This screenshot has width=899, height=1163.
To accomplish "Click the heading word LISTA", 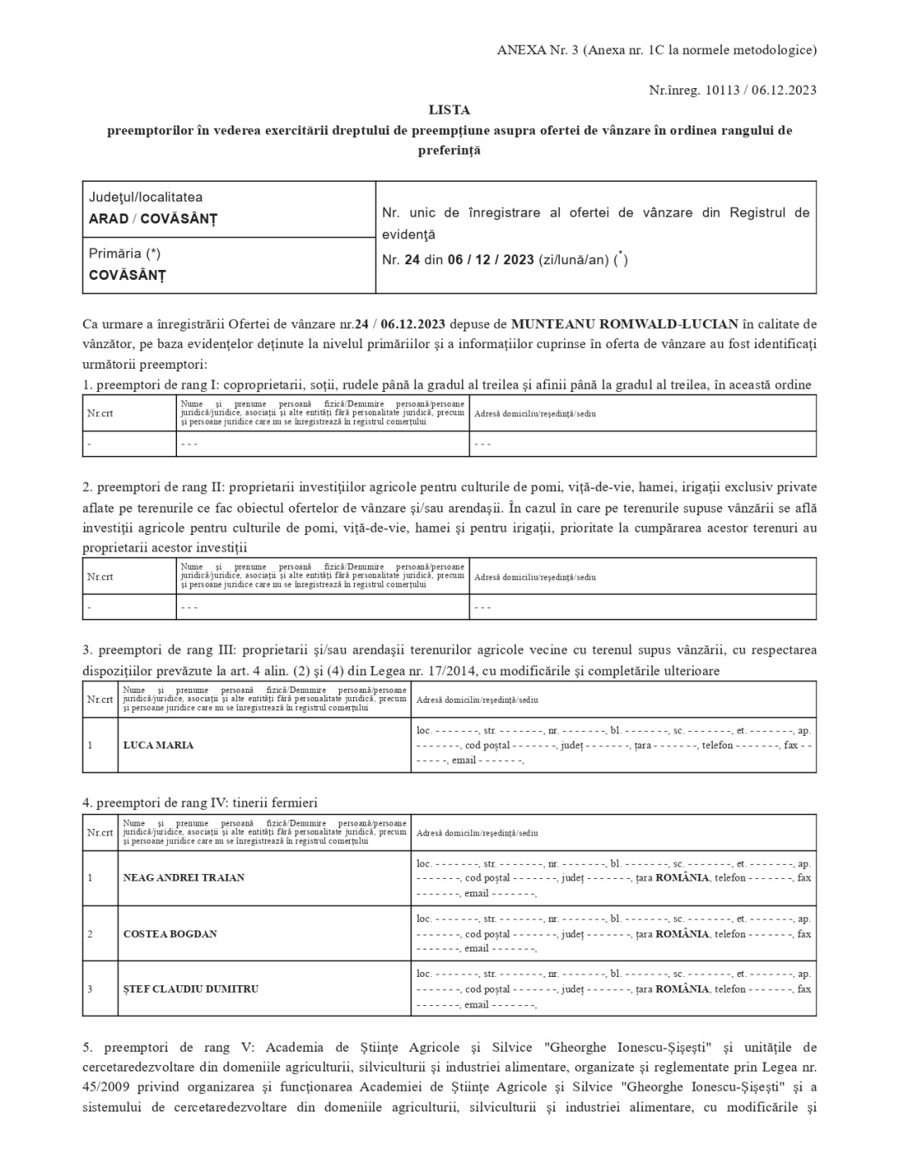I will [x=449, y=110].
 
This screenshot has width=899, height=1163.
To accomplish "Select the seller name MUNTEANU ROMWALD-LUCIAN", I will [x=624, y=323].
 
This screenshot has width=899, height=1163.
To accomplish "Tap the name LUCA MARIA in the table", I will [x=158, y=745].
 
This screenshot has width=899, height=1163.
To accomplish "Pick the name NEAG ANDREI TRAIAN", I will [x=184, y=877].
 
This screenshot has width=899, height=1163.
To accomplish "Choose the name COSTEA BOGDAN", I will [x=169, y=934].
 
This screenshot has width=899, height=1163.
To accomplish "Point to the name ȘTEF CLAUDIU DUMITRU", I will [x=190, y=989].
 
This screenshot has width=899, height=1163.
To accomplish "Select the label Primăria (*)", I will [x=125, y=253].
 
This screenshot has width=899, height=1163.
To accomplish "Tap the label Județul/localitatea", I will [x=145, y=198].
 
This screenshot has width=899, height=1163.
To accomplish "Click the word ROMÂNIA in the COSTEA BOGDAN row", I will [x=682, y=934].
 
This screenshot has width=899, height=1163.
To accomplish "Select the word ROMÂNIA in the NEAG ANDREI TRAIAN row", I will [x=682, y=877].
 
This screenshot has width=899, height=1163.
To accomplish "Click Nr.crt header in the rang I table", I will [x=100, y=413].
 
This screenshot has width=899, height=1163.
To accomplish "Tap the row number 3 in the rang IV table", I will [x=90, y=989].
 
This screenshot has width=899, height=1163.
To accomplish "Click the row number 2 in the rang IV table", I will [x=90, y=934].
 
